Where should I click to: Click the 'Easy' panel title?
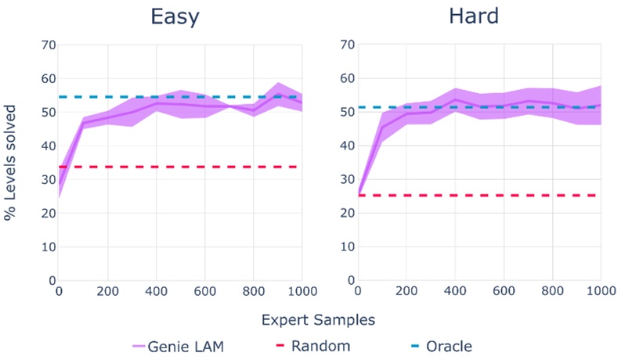point(179,16)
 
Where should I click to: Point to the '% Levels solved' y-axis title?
point(10,162)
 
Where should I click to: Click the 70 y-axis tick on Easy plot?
point(47,45)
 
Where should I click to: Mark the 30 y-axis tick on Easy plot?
point(47,179)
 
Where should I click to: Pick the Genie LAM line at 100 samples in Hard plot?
point(382,127)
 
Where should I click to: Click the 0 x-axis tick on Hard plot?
point(359,292)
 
